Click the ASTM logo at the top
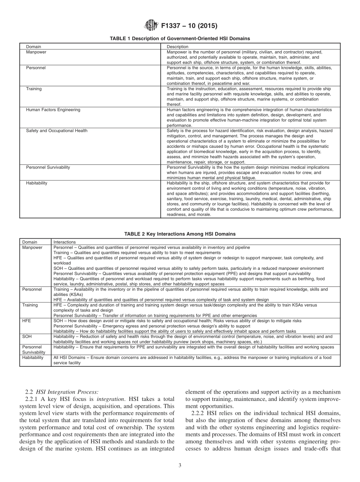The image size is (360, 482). pos(150,26)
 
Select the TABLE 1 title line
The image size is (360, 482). pos(180,38)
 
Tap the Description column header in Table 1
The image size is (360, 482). pos(177,47)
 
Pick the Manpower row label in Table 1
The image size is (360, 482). pos(36,52)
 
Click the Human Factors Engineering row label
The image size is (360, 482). pos(53,110)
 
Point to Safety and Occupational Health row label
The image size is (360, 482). pos(56,131)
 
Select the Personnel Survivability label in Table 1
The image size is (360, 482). pos(48,167)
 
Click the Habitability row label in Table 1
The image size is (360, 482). pos(37,183)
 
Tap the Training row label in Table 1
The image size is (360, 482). pos(34,89)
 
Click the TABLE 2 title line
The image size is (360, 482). pos(180,234)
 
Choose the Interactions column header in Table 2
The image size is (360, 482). pos(64,242)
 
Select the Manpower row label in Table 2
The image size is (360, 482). pos(32,247)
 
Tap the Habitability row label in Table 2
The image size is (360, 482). pos(33,357)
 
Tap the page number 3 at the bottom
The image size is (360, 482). pos(180,466)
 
